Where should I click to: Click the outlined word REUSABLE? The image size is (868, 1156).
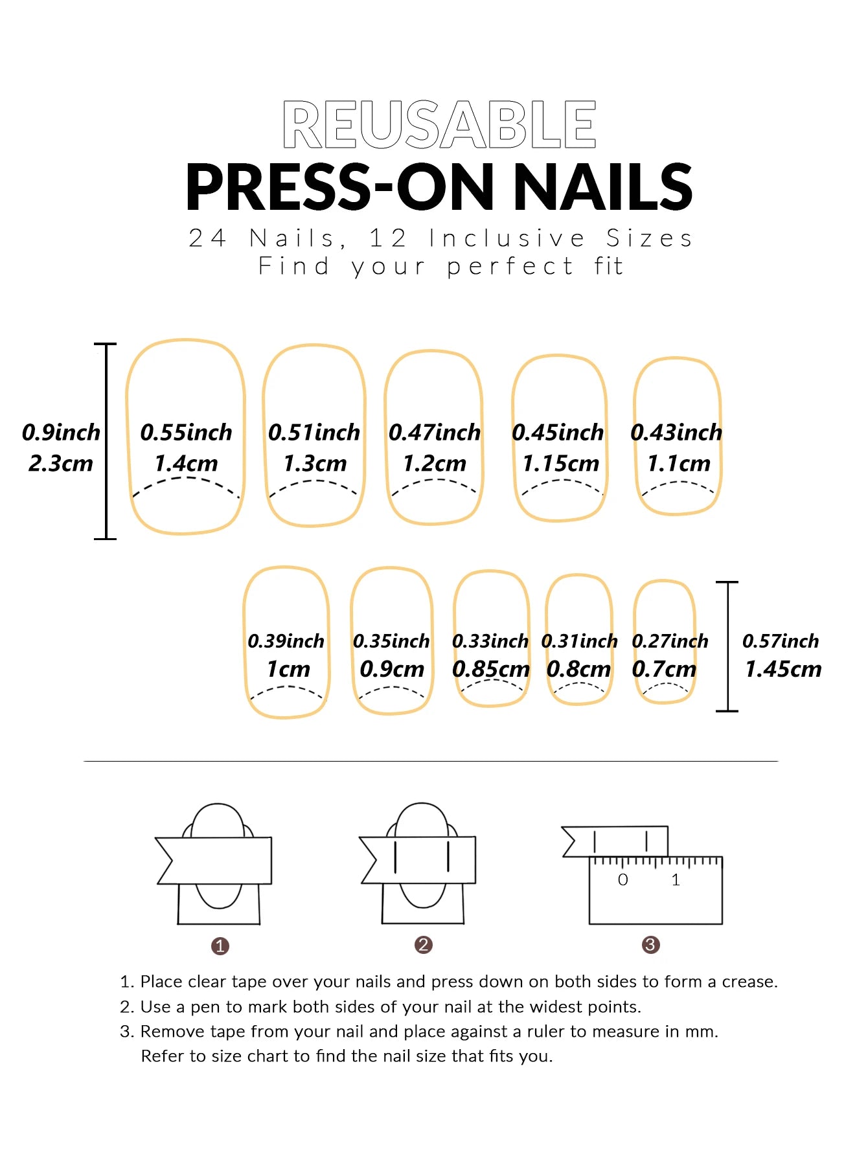click(x=439, y=124)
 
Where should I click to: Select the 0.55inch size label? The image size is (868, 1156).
click(x=186, y=432)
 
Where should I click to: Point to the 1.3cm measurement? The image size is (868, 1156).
click(x=315, y=463)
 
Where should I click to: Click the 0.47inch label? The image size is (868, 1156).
click(x=434, y=432)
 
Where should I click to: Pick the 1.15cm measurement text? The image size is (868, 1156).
click(x=560, y=463)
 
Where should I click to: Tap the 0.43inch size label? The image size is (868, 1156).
click(x=676, y=432)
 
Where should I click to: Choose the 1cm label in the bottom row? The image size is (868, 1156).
click(x=288, y=668)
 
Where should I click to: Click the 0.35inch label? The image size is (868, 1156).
click(x=391, y=641)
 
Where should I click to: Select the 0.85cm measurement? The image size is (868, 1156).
click(x=491, y=668)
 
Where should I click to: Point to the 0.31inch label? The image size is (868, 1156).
click(x=579, y=641)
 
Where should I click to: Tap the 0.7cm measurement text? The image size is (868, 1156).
click(x=664, y=668)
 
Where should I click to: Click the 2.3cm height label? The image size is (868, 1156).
click(x=61, y=463)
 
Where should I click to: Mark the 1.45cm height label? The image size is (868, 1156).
click(x=783, y=668)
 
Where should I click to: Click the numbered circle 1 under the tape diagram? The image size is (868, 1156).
click(x=220, y=946)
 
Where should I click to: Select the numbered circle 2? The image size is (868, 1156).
click(x=423, y=945)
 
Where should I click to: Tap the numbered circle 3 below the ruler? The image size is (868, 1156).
click(x=650, y=945)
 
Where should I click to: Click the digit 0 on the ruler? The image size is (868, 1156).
click(x=622, y=879)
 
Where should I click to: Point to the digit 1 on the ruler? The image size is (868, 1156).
click(x=676, y=879)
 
